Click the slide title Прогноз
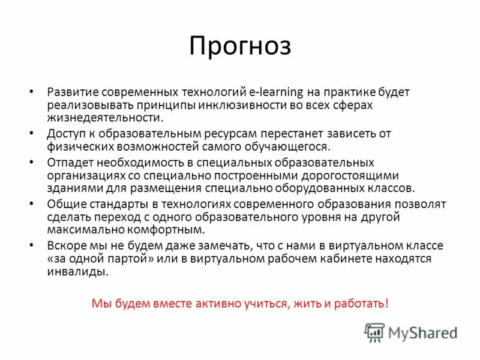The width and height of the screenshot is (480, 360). [x=240, y=47]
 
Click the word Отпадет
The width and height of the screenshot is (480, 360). [x=70, y=163]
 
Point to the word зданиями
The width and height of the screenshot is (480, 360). [x=71, y=187]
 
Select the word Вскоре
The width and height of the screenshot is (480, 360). [x=67, y=245]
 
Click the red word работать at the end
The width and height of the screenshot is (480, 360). [x=362, y=303]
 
